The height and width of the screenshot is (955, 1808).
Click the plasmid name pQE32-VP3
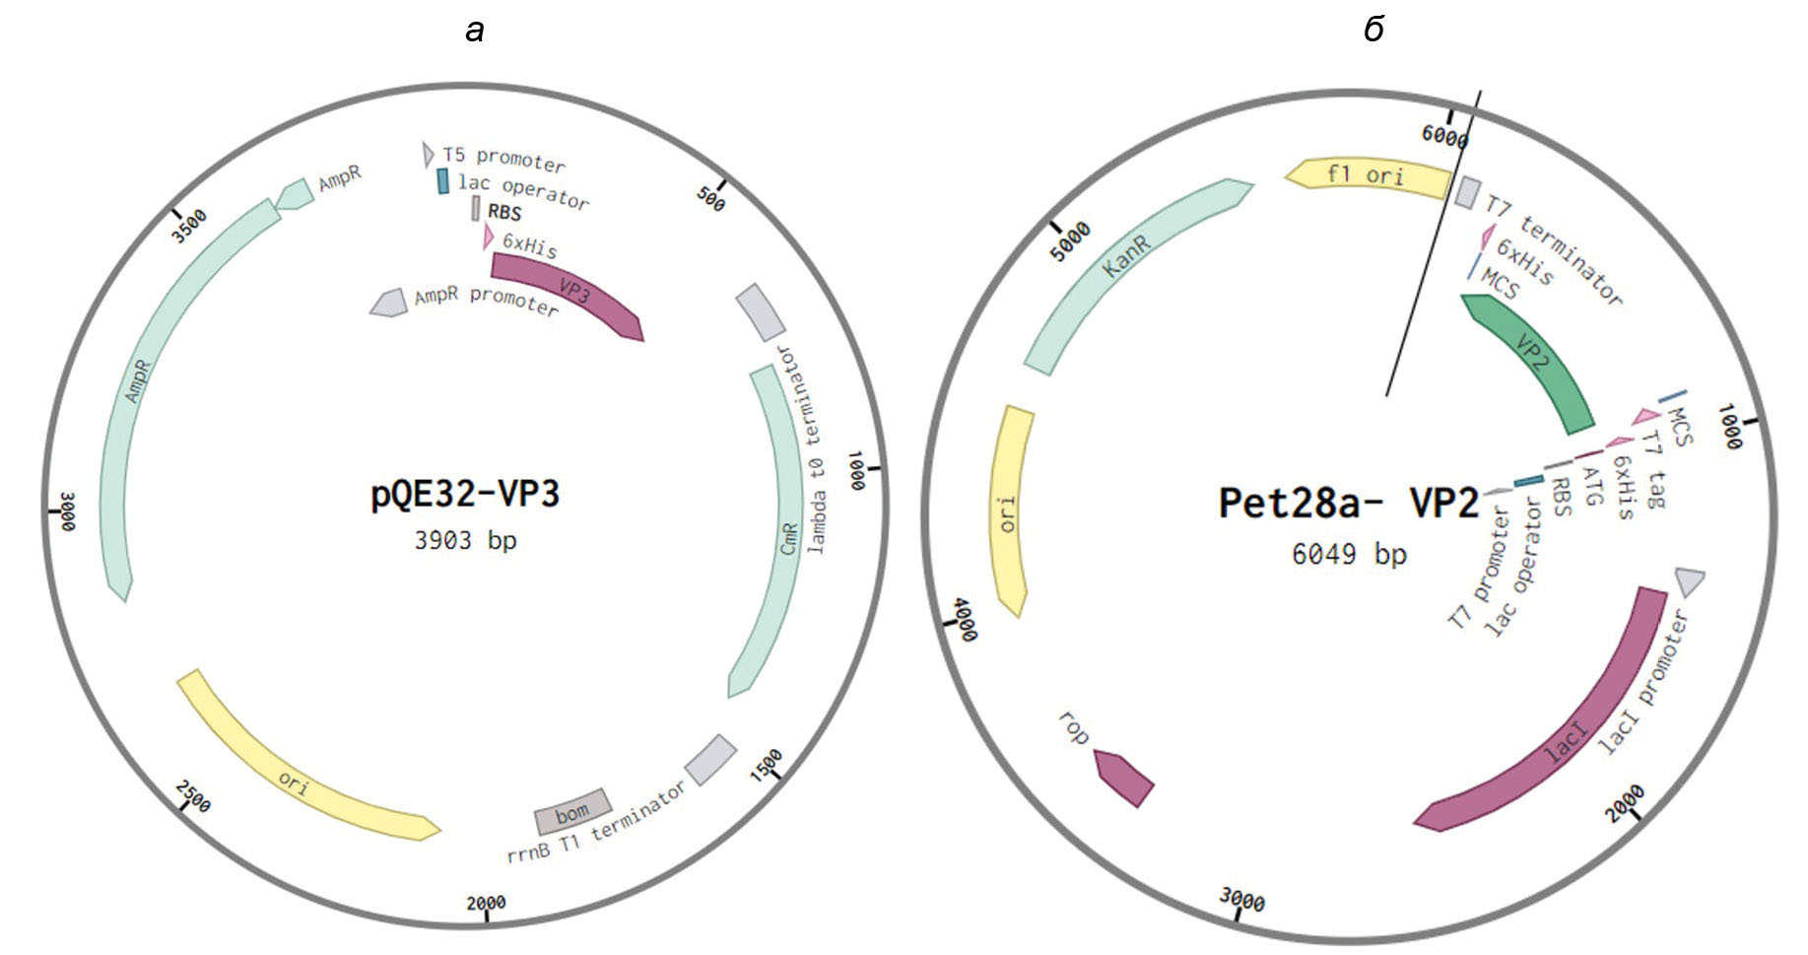click(465, 494)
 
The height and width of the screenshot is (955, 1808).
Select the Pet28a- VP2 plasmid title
click(1348, 503)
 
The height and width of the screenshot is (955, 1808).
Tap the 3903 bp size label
click(465, 540)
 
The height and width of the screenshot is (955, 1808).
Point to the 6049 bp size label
click(1349, 554)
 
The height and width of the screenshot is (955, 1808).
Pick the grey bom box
click(571, 812)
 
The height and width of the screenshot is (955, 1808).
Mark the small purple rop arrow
click(1124, 778)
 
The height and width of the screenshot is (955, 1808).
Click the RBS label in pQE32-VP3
click(504, 212)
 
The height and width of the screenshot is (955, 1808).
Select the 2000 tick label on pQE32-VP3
click(486, 902)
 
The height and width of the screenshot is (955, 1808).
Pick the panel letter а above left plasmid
click(475, 31)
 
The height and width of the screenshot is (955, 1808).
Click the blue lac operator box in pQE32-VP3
click(443, 180)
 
